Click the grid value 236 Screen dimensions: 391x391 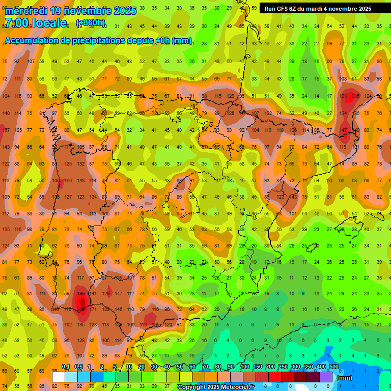(355, 96)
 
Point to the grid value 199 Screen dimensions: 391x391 (80, 293)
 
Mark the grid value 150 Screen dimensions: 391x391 (68, 180)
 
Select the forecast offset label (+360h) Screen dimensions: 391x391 (91, 23)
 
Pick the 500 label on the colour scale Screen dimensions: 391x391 (334, 367)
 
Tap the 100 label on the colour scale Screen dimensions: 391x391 (244, 367)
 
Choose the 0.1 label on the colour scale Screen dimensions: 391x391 (66, 367)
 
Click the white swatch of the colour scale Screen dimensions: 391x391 (59, 377)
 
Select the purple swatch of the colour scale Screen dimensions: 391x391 (326, 377)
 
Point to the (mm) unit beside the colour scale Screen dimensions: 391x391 (345, 378)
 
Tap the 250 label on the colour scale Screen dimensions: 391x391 (283, 367)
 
